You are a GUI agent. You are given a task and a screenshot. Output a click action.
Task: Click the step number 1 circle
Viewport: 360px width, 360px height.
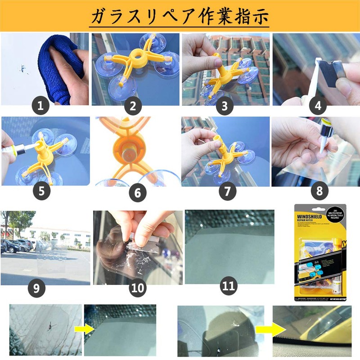coord(41,106)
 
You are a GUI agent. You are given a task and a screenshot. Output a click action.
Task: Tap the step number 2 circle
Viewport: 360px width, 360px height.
coord(132,106)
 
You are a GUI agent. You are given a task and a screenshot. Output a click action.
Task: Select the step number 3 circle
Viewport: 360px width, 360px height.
coord(225,106)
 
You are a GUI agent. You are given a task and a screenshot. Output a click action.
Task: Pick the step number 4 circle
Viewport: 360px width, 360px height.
coord(318,106)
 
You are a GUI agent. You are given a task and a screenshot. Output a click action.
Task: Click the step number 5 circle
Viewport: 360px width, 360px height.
coord(41,191)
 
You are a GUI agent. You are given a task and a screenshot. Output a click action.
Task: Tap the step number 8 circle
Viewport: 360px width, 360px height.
coord(319,191)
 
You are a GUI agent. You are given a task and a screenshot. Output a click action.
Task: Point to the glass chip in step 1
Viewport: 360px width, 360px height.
coord(21,69)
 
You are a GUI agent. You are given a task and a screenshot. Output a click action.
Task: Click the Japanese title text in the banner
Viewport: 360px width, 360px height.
coord(180,16)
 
